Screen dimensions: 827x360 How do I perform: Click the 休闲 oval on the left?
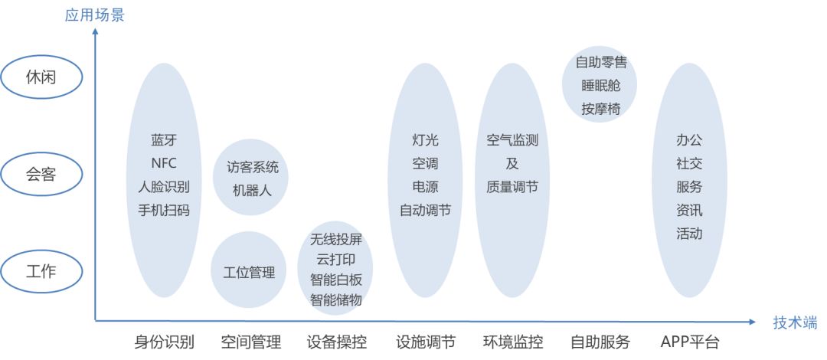[41, 77]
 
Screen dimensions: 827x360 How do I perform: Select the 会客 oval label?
[41, 174]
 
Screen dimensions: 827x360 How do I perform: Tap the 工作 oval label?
[41, 271]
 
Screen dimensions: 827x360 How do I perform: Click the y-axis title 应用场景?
[94, 15]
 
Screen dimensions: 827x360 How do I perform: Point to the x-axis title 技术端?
[796, 322]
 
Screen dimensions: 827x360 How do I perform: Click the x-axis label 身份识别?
[164, 342]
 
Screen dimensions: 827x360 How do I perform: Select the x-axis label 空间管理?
[251, 342]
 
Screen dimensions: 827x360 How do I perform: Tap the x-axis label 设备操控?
[336, 342]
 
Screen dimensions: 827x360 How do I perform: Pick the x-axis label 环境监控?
[512, 342]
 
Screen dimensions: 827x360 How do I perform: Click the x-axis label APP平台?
[690, 342]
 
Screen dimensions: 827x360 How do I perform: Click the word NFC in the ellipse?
[164, 164]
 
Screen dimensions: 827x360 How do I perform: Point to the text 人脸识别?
[164, 187]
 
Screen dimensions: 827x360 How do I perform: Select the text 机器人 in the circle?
[252, 191]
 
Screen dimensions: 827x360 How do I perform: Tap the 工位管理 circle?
[249, 270]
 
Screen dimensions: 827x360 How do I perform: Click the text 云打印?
[336, 260]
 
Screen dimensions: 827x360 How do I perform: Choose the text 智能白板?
[336, 280]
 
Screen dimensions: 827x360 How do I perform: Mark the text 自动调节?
[425, 210]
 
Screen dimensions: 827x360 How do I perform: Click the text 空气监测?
[512, 140]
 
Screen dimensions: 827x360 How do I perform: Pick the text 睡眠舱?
[601, 86]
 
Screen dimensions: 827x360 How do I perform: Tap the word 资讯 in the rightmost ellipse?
[689, 210]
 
